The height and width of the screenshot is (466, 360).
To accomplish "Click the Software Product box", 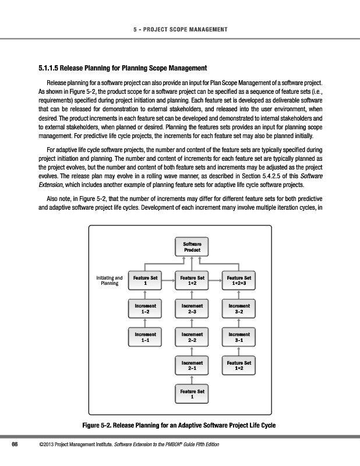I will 192,246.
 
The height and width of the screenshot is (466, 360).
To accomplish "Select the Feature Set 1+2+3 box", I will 239,281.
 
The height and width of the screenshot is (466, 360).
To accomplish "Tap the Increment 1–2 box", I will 145,308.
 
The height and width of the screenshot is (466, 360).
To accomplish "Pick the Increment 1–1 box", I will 145,337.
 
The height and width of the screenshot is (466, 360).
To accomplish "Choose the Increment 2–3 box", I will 192,308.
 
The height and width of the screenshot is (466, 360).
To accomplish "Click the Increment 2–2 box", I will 192,337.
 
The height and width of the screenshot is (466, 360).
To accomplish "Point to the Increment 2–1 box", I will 192,366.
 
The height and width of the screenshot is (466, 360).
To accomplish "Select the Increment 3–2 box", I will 239,308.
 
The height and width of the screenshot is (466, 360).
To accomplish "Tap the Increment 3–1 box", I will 239,337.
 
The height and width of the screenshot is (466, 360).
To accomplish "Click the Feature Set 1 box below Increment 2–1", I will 192,394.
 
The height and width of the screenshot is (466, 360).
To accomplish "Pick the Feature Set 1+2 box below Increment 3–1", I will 239,366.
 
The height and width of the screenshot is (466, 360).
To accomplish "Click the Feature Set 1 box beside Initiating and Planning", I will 145,281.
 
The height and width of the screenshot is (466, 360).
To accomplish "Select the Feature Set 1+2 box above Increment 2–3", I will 192,281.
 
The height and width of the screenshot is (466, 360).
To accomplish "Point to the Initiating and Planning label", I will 109,281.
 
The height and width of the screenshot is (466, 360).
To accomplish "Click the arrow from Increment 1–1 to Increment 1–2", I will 145,323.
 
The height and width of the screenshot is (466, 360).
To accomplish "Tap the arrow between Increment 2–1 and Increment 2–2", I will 192,351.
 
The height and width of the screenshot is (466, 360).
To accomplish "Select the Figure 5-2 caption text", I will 179,425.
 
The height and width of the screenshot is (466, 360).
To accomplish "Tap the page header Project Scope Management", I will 179,29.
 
